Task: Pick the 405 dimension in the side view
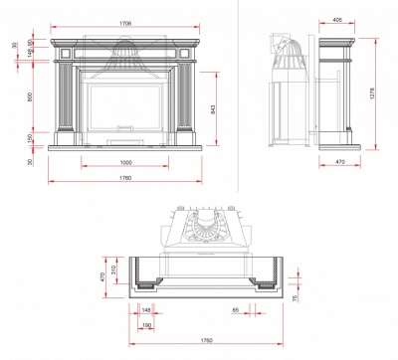[337, 20]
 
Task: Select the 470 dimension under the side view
[337, 163]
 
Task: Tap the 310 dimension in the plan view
[114, 269]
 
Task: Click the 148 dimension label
[146, 310]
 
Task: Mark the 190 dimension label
[146, 325]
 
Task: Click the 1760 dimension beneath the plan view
[206, 341]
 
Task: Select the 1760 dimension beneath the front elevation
[123, 178]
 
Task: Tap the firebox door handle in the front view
[123, 126]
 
